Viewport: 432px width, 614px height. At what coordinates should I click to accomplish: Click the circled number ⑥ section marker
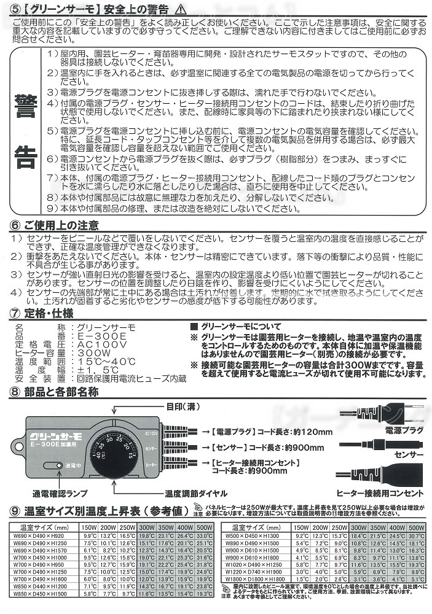[16, 224]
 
